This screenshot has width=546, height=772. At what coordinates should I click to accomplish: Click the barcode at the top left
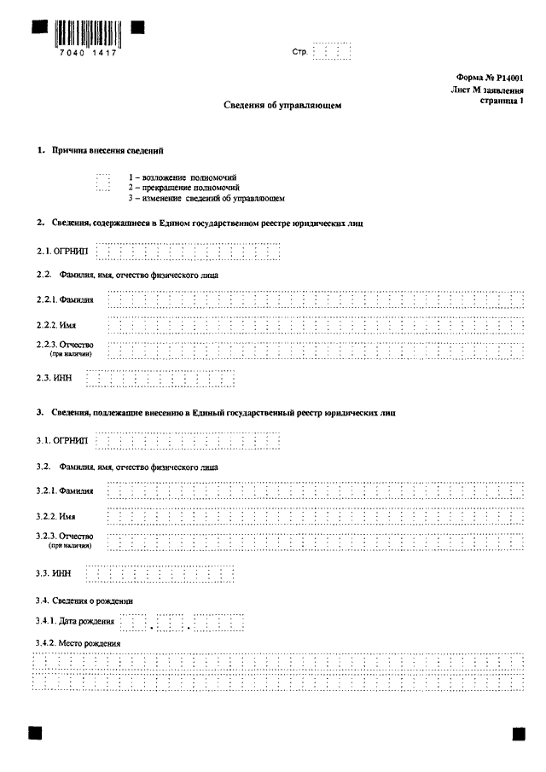[x=88, y=32]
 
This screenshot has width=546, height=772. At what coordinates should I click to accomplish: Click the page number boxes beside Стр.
[x=332, y=53]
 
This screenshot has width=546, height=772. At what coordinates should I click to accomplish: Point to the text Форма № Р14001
[x=491, y=78]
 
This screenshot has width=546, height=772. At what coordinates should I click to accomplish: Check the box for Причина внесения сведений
[x=103, y=183]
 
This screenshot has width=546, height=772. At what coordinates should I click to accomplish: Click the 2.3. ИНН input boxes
[x=160, y=378]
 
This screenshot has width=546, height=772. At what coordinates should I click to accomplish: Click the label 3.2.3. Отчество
[x=65, y=536]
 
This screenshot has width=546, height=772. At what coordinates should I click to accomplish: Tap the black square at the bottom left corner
[x=35, y=733]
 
